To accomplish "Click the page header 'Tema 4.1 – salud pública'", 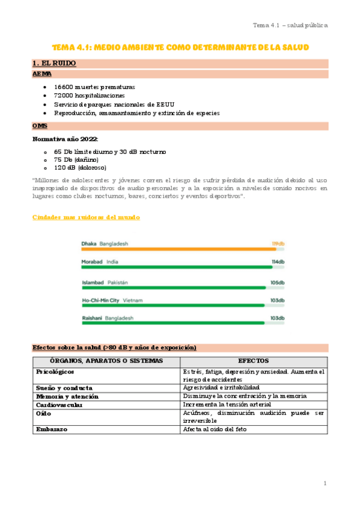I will pyautogui.click(x=290, y=25).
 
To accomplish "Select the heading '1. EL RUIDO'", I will pyautogui.click(x=54, y=63).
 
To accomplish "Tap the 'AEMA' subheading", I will pyautogui.click(x=42, y=73).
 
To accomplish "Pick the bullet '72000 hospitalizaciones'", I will pyautogui.click(x=90, y=96).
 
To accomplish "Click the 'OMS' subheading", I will pyautogui.click(x=40, y=126).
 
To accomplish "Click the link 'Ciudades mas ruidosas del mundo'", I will pyautogui.click(x=86, y=217).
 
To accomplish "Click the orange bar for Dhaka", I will pyautogui.click(x=178, y=249).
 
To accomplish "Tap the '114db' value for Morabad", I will pyautogui.click(x=278, y=262).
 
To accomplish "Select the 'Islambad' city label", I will pyautogui.click(x=93, y=283).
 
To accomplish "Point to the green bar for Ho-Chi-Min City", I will pyautogui.click(x=173, y=306).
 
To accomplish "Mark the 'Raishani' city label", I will pyautogui.click(x=92, y=318).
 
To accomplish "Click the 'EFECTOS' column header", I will pyautogui.click(x=254, y=360).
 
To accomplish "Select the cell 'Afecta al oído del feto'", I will pyautogui.click(x=215, y=429).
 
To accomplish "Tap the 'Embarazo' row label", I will pyautogui.click(x=52, y=429).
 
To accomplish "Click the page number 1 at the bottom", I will pyautogui.click(x=325, y=484).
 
